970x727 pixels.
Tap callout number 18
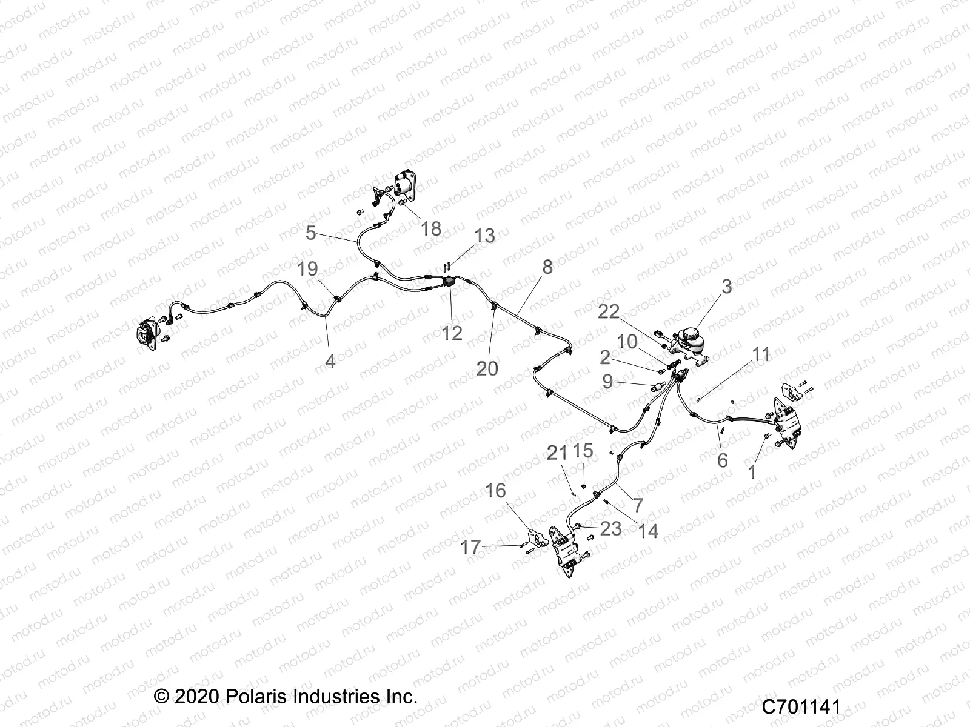pyautogui.click(x=431, y=228)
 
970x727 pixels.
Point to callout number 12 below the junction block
pyautogui.click(x=452, y=333)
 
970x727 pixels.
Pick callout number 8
pyautogui.click(x=547, y=267)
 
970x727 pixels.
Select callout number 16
pyautogui.click(x=496, y=490)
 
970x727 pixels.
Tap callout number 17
pyautogui.click(x=470, y=548)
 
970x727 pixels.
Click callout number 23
pyautogui.click(x=610, y=528)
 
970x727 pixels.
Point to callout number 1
pyautogui.click(x=753, y=472)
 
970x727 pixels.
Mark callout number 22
pyautogui.click(x=609, y=311)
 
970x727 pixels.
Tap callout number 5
pyautogui.click(x=311, y=233)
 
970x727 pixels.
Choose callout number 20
pyautogui.click(x=487, y=368)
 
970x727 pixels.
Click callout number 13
pyautogui.click(x=484, y=235)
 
